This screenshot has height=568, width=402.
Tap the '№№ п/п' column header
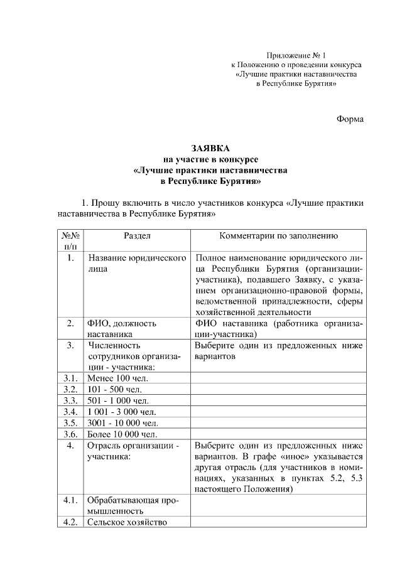coord(70,242)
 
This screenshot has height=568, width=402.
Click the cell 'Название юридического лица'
coord(137,263)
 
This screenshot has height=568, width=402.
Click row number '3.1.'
coord(70,378)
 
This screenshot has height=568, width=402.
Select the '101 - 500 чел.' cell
coord(115,389)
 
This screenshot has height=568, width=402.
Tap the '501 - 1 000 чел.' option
coord(118,400)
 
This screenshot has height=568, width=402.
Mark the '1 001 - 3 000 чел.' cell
coord(122,412)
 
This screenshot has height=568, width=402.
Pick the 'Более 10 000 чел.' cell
coord(122,434)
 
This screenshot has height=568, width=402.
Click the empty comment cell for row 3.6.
coord(278,434)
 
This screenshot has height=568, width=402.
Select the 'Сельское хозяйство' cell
coord(127,522)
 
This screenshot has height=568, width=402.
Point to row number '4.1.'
coord(70,500)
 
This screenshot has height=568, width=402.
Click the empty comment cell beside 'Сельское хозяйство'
coord(278,522)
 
